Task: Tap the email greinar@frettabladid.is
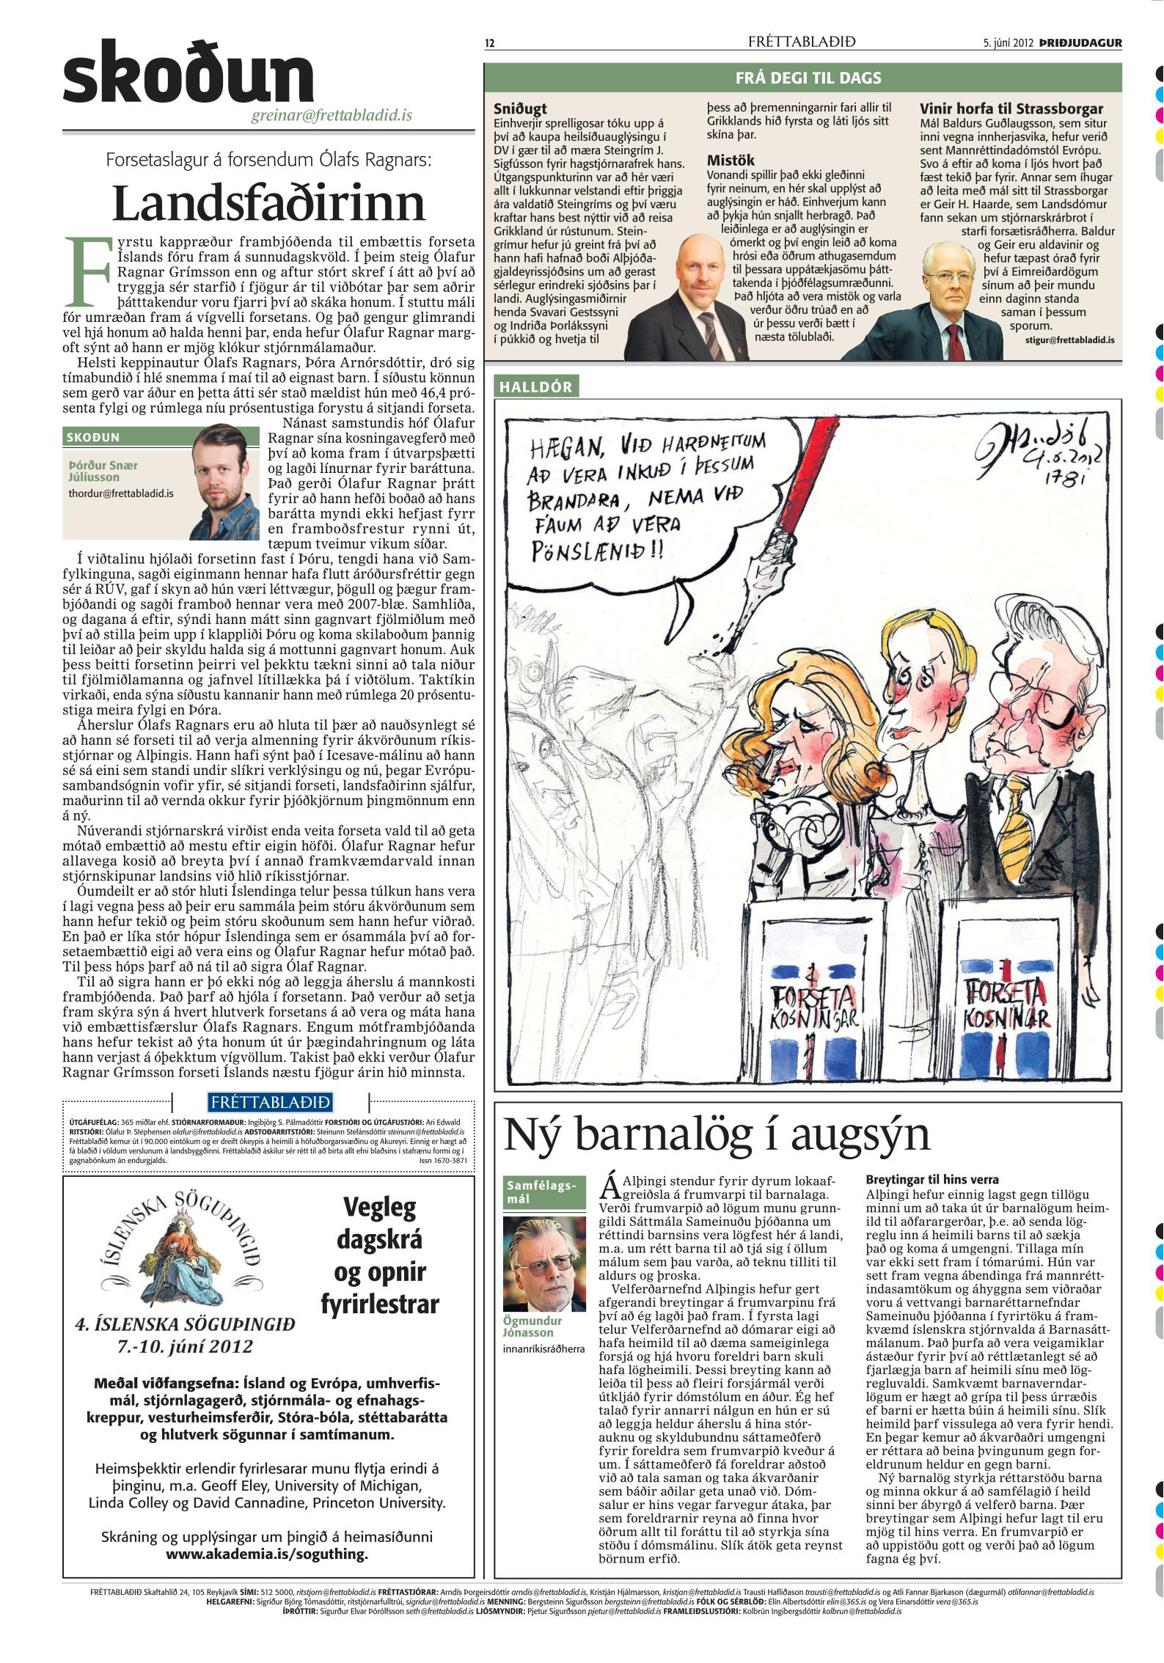coord(342,115)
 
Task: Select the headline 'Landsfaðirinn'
coord(268,203)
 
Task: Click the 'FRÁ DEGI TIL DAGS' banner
coord(802,78)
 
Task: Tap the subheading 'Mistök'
coord(730,161)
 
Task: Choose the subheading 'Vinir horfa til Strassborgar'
coord(1011,109)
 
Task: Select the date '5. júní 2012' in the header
coord(1008,43)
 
